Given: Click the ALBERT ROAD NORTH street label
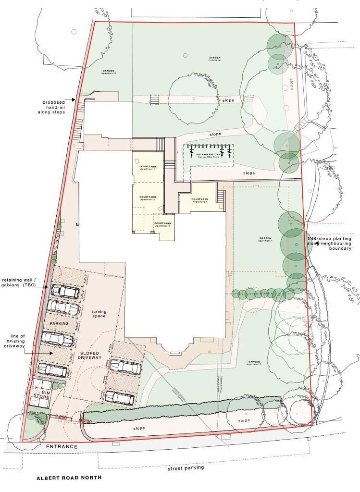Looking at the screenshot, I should click(x=69, y=478).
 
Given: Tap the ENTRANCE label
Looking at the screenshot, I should click(x=62, y=447).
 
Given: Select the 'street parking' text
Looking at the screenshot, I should click(x=186, y=467).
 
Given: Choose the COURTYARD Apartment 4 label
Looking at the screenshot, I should click(x=199, y=200).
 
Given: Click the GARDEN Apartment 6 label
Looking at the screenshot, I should click(x=109, y=72).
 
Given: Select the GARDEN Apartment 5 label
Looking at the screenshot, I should click(x=254, y=363).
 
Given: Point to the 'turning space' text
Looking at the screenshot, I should click(x=99, y=314).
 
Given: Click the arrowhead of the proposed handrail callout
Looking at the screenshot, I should click(x=74, y=100).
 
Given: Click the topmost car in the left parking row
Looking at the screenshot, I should click(x=65, y=291).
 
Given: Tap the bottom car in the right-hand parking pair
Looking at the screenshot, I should click(x=120, y=397).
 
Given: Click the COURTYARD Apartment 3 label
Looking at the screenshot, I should click(x=162, y=224).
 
